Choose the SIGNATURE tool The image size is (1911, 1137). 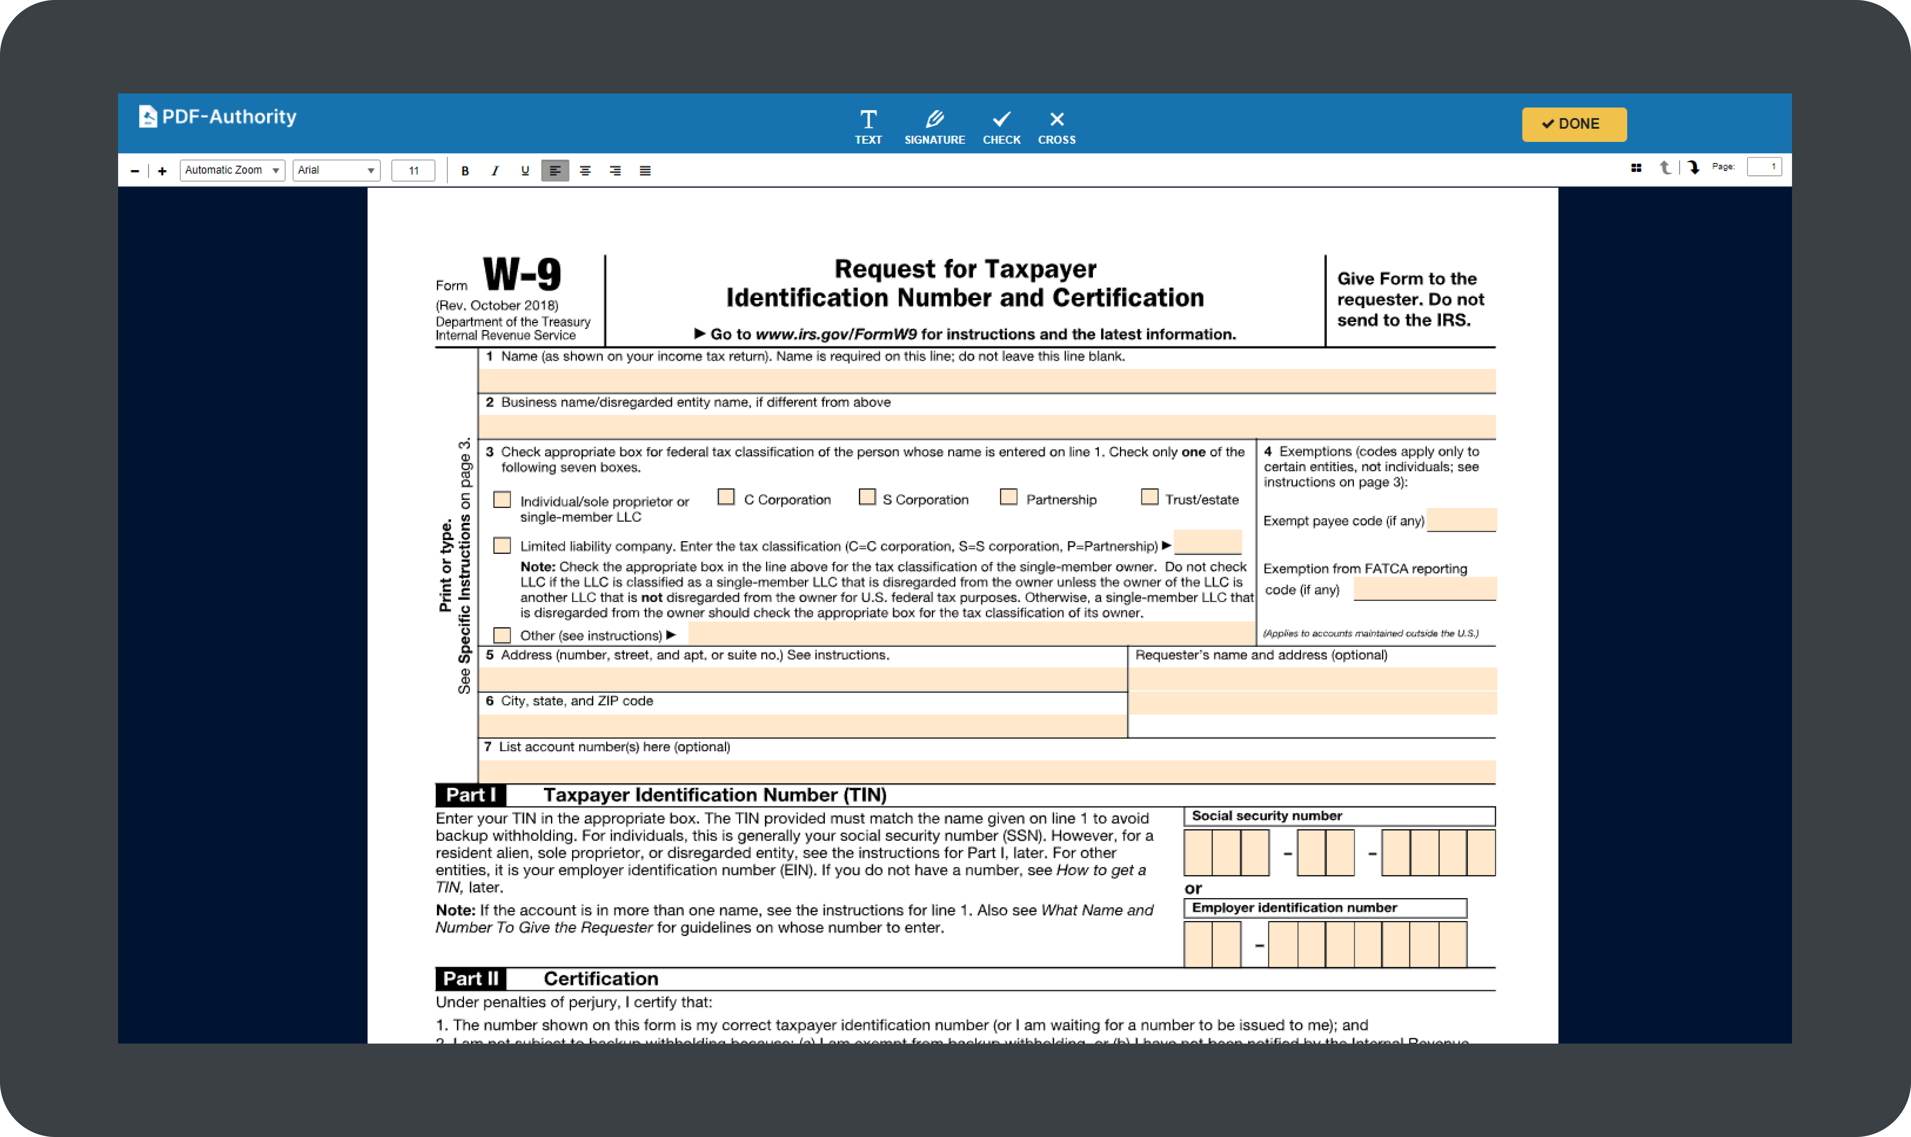[x=934, y=126]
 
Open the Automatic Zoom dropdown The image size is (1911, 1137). [x=232, y=170]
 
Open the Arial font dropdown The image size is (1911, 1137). [x=336, y=170]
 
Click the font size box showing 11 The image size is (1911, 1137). [x=413, y=170]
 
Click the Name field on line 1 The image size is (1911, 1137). [x=986, y=381]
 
